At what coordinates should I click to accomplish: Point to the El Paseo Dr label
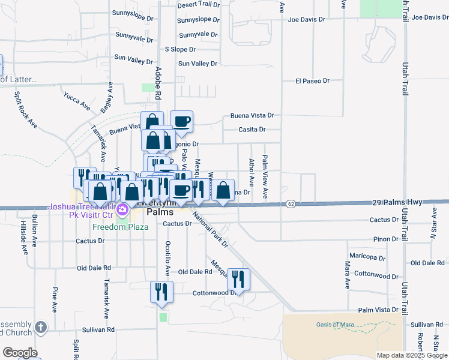(313, 80)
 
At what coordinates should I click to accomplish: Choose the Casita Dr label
(252, 129)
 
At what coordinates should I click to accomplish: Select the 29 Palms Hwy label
(393, 203)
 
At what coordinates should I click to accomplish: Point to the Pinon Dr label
(385, 239)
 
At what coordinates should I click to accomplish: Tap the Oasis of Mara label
(333, 325)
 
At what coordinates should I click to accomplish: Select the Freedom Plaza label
(120, 227)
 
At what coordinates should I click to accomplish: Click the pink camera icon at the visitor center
(122, 210)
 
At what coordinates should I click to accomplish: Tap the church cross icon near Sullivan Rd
(40, 327)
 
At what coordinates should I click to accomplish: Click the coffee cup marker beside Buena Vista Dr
(181, 121)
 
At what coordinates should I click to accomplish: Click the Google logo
(20, 353)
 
